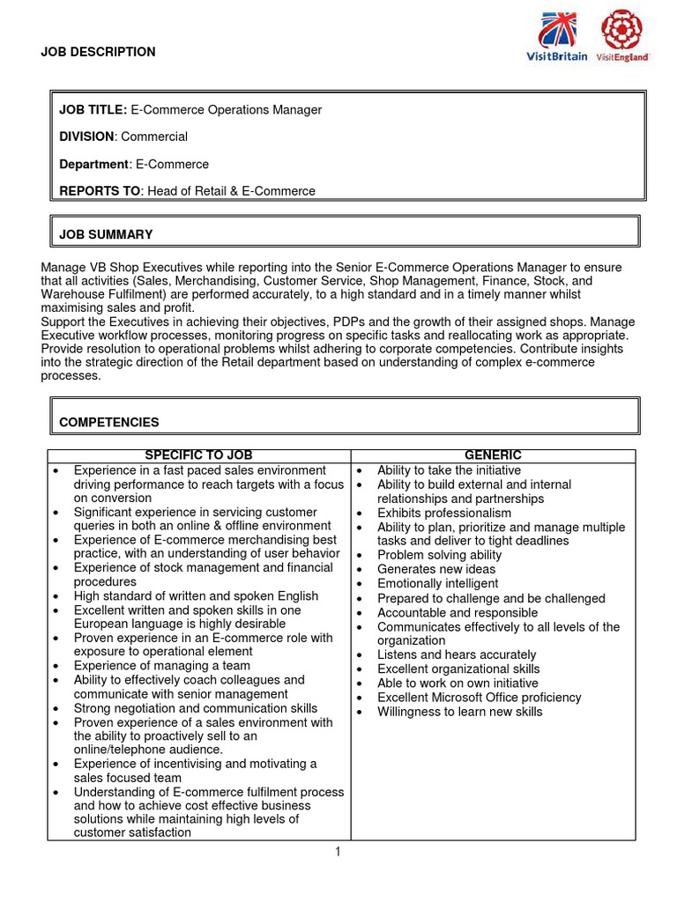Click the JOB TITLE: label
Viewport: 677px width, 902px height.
pyautogui.click(x=93, y=110)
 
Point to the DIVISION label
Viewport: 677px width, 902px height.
pyautogui.click(x=86, y=137)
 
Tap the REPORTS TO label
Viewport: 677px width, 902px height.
pyautogui.click(x=100, y=190)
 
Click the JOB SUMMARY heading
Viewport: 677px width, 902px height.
pyautogui.click(x=106, y=234)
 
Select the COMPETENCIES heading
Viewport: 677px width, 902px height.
pyautogui.click(x=109, y=422)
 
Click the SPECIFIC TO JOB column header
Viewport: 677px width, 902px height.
pyautogui.click(x=198, y=455)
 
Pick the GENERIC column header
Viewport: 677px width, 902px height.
pyautogui.click(x=493, y=455)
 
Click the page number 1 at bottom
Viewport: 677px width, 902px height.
pyautogui.click(x=338, y=852)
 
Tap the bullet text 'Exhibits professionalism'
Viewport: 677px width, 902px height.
pyautogui.click(x=443, y=513)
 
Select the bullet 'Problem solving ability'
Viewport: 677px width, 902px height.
pyautogui.click(x=439, y=555)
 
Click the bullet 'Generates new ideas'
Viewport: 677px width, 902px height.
pyautogui.click(x=436, y=569)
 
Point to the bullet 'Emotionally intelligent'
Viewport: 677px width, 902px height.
pyautogui.click(x=438, y=584)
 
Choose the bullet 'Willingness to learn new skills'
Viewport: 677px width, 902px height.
pyautogui.click(x=459, y=711)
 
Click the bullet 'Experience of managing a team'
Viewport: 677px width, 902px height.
pyautogui.click(x=161, y=666)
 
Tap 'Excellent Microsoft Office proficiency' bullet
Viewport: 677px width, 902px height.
pyautogui.click(x=479, y=697)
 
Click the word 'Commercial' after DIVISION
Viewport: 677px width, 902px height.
pyautogui.click(x=154, y=137)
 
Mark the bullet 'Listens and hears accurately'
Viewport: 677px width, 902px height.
pyautogui.click(x=456, y=654)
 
